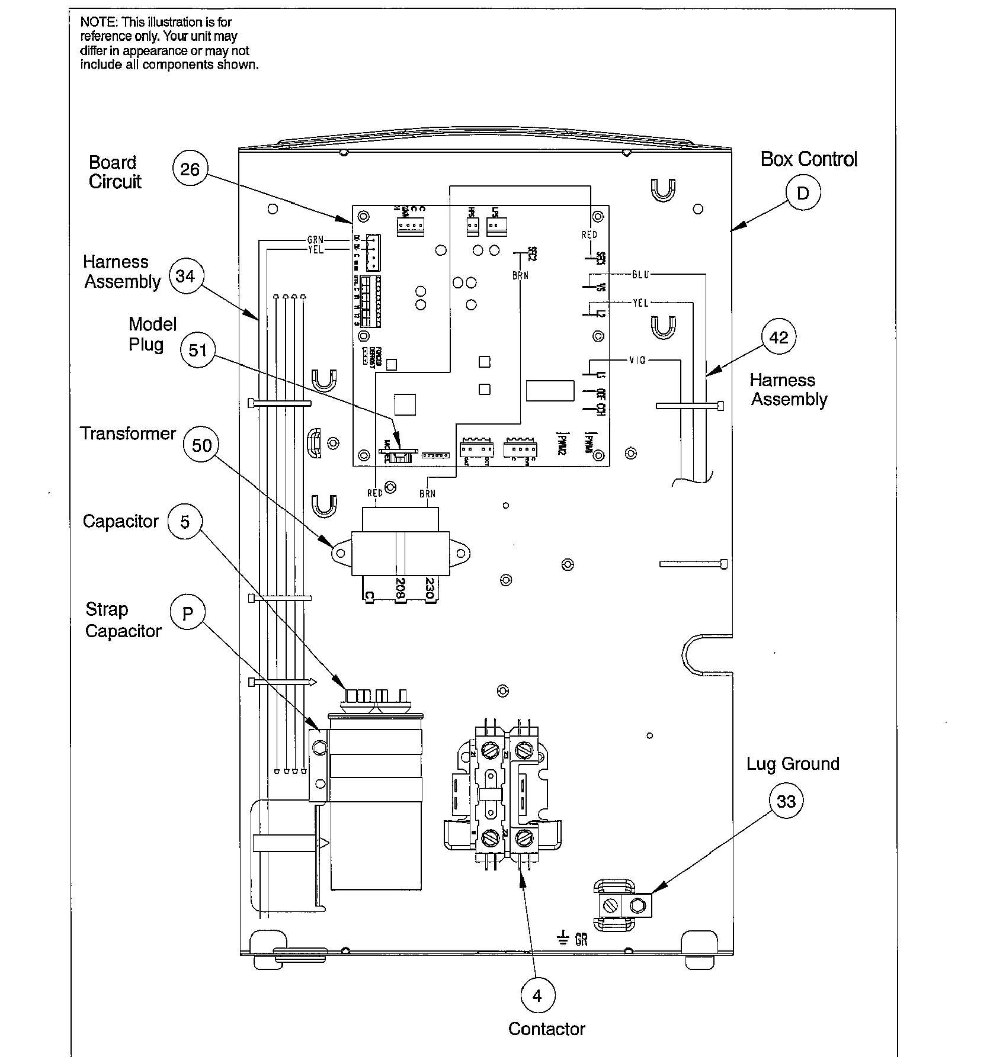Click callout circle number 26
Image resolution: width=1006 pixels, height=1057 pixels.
[x=190, y=170]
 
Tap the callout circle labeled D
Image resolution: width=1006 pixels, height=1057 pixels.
[x=803, y=194]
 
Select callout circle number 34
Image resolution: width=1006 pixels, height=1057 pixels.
[x=185, y=276]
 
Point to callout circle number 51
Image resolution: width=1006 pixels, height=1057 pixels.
[x=198, y=350]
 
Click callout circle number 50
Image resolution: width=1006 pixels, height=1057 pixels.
[x=201, y=445]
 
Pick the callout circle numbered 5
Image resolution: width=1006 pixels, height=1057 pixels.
[x=185, y=522]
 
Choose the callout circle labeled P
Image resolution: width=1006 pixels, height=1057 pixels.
[x=187, y=614]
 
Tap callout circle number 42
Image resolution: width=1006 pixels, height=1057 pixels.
[x=778, y=338]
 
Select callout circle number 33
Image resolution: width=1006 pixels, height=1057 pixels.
[x=786, y=801]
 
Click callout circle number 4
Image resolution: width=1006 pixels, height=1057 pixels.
[x=537, y=996]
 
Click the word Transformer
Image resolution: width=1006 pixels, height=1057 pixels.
[x=128, y=433]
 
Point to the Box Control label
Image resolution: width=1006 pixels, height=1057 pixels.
[x=808, y=159]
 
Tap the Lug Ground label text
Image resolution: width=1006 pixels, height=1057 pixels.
[x=792, y=764]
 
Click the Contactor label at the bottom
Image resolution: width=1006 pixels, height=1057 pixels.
[x=546, y=1029]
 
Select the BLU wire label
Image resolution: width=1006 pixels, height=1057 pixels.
[x=640, y=275]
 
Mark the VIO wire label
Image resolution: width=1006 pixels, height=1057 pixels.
[x=637, y=361]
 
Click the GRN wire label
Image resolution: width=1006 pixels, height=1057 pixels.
[x=315, y=240]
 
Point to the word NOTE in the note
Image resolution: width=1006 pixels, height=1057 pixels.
[x=99, y=23]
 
